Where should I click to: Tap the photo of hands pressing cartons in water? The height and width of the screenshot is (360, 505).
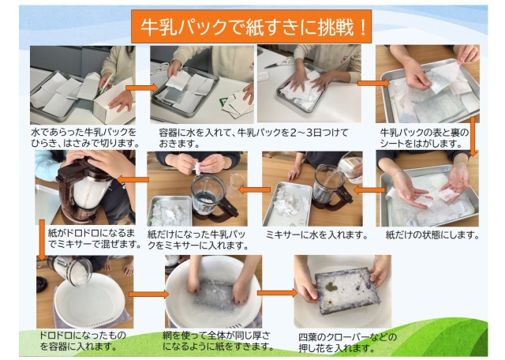coord(309,84)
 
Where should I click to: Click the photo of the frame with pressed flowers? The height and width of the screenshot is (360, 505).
coord(342,291)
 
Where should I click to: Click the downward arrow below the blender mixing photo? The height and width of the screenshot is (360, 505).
coord(42,237)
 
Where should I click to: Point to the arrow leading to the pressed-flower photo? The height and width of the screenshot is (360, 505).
coord(280,293)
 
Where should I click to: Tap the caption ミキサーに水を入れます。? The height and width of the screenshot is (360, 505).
coord(316,235)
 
